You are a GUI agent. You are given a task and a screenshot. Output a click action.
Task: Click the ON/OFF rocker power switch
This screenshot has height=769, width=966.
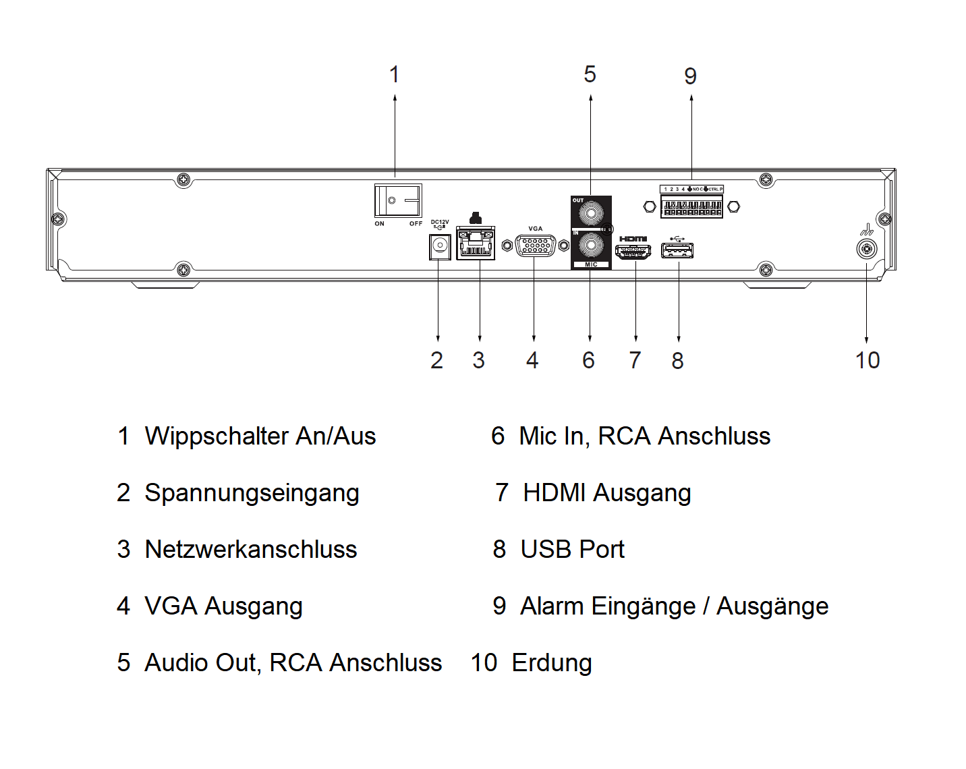(x=399, y=200)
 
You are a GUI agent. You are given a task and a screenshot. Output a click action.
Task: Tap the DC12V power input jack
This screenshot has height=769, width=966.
(x=440, y=246)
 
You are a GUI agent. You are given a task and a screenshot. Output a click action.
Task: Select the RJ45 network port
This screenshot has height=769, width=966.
(x=476, y=244)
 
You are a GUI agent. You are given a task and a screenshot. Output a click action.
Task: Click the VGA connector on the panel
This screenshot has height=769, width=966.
(x=535, y=246)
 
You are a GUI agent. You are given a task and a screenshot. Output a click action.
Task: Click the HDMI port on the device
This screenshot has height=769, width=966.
(x=633, y=252)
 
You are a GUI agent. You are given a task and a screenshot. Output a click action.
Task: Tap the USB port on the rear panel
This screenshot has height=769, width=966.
(x=678, y=251)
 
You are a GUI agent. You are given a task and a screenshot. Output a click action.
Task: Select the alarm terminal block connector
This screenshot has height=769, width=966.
(x=691, y=206)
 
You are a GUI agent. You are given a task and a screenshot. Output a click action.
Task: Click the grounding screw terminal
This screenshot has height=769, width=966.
(x=866, y=249)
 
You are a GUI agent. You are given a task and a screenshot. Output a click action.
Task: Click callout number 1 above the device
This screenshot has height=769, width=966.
(x=395, y=74)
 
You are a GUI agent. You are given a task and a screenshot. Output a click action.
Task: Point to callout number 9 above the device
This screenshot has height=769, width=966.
(x=690, y=76)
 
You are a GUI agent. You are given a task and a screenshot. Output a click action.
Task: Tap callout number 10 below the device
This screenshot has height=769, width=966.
(x=868, y=360)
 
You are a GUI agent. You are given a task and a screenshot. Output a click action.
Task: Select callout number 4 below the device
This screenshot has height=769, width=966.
(x=532, y=360)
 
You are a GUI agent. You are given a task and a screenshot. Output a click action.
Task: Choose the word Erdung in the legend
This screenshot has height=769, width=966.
(x=551, y=663)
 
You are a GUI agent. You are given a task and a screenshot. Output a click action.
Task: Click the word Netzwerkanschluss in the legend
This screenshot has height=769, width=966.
(x=250, y=550)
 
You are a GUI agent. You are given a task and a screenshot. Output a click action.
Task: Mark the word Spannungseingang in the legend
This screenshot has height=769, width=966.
(x=252, y=493)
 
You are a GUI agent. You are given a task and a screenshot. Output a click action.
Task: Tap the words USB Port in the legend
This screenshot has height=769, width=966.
(x=572, y=550)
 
